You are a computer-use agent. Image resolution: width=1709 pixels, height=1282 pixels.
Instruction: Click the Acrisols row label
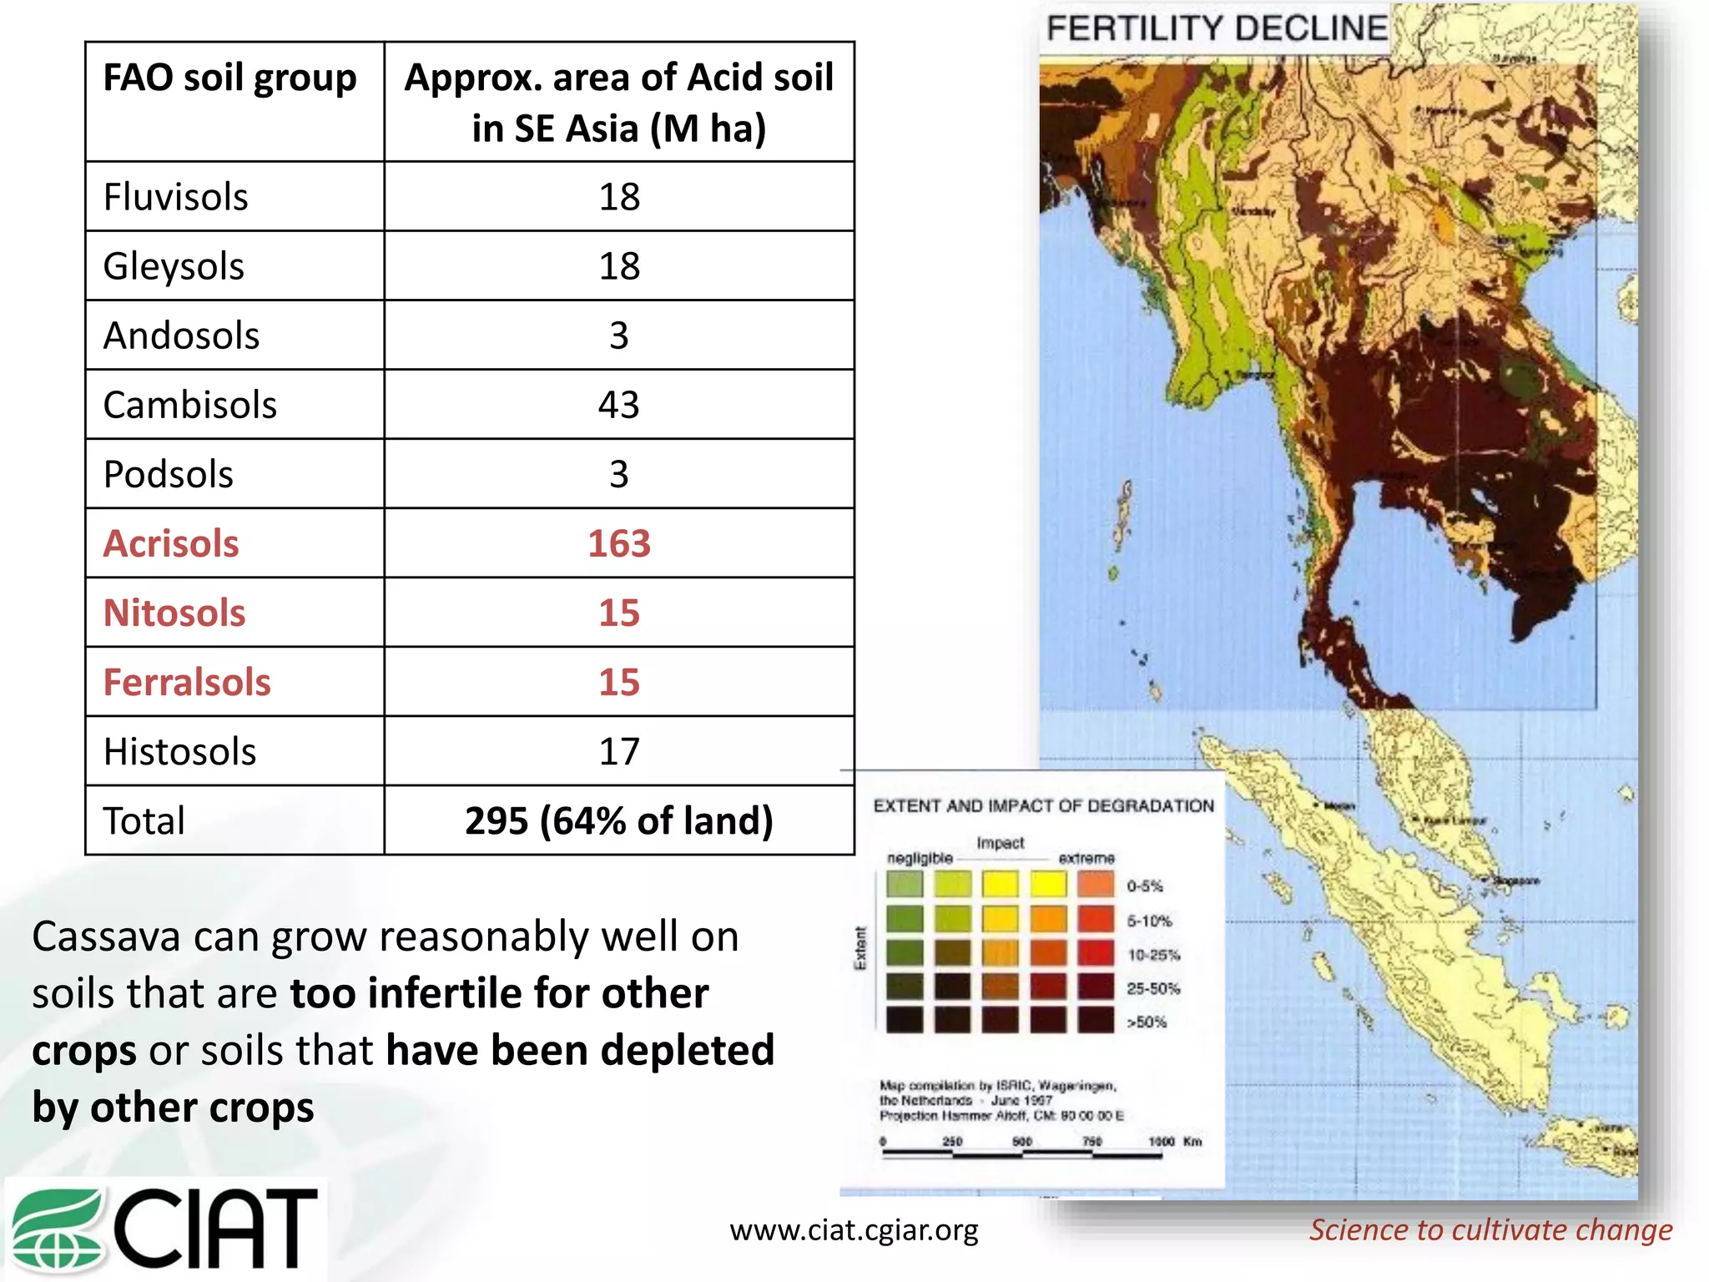click(x=171, y=543)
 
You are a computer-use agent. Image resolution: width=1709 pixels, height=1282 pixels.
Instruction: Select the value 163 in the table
click(x=618, y=543)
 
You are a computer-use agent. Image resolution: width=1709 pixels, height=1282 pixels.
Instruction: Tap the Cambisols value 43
click(x=618, y=405)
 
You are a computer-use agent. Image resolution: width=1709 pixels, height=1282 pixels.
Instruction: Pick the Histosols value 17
click(x=618, y=751)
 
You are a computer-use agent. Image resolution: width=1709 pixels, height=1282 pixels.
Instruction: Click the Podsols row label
click(x=168, y=474)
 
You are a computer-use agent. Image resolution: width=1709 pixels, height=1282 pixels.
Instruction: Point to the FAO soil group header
click(x=229, y=78)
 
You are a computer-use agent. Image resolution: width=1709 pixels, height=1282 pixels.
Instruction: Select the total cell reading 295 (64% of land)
click(x=618, y=820)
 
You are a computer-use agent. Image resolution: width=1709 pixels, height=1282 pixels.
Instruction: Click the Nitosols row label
click(x=174, y=613)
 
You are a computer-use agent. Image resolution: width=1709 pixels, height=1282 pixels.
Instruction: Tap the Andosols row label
click(x=181, y=336)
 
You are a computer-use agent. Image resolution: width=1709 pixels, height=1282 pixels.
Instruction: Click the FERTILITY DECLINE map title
click(x=1216, y=28)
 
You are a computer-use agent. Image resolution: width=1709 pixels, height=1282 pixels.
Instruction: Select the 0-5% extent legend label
click(x=1144, y=886)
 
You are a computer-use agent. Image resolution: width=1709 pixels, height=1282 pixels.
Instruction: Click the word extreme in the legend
click(x=1086, y=858)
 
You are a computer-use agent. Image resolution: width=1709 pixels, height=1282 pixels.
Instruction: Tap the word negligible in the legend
click(x=920, y=858)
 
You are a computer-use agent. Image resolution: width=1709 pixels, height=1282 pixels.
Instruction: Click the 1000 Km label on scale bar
click(x=1174, y=1141)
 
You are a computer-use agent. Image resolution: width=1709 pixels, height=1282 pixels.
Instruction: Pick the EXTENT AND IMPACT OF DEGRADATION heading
click(x=1043, y=805)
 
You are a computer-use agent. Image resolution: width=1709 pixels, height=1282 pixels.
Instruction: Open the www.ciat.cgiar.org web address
click(x=854, y=1229)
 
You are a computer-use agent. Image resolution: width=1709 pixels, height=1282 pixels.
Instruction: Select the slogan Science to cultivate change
click(x=1490, y=1229)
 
